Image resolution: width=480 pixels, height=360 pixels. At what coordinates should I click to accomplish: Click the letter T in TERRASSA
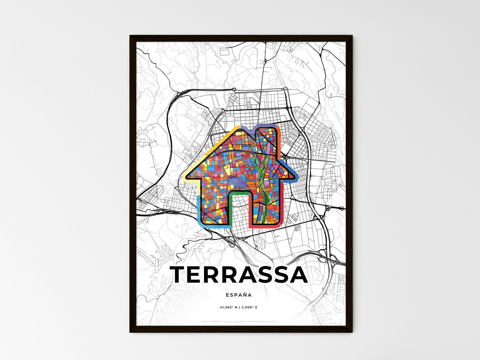180,275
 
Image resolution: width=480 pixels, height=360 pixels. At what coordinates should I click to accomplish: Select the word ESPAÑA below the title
239,295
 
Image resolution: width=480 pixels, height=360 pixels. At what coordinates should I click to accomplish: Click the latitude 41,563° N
228,308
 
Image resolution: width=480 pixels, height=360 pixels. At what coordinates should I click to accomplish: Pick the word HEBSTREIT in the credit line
217,321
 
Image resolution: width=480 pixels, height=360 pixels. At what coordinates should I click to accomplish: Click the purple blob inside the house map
237,181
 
